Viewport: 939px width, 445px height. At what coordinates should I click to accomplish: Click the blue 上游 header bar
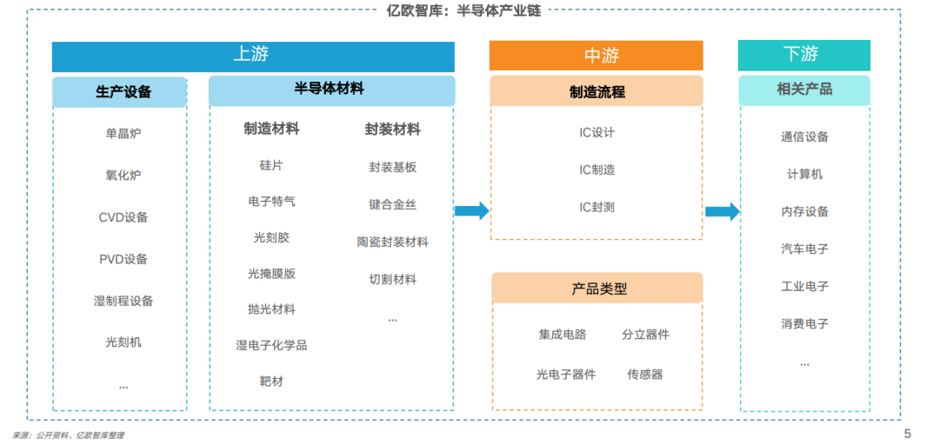click(x=253, y=56)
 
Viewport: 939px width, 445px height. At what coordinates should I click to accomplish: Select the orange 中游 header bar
click(x=596, y=56)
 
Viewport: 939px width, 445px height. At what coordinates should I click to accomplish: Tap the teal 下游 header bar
click(x=803, y=56)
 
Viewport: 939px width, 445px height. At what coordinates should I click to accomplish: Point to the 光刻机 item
click(x=123, y=342)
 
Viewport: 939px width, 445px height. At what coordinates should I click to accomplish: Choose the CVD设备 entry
click(x=123, y=217)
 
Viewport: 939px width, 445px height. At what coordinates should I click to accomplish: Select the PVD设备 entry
click(x=123, y=259)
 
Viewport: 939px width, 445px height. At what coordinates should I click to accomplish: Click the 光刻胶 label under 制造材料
click(x=271, y=238)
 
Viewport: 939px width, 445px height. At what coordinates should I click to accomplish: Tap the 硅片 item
click(x=271, y=165)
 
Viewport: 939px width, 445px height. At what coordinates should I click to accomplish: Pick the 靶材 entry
click(x=271, y=381)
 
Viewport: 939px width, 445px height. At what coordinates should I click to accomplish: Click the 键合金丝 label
click(x=392, y=205)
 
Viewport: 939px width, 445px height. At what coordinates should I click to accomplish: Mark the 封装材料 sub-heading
click(x=392, y=130)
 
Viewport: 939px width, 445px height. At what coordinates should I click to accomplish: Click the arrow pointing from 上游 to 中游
click(x=472, y=211)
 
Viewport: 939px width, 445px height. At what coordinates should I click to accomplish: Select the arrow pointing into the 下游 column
click(x=723, y=211)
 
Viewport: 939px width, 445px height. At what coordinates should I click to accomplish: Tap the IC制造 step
click(x=597, y=170)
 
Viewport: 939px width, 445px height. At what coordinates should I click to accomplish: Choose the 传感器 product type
click(x=645, y=375)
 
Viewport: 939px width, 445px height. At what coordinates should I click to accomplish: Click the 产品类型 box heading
click(x=597, y=288)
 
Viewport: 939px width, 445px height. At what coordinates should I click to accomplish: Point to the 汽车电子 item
click(x=804, y=249)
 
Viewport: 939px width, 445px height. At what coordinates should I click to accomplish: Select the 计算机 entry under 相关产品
click(x=804, y=175)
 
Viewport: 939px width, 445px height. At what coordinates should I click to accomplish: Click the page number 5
click(x=907, y=434)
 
